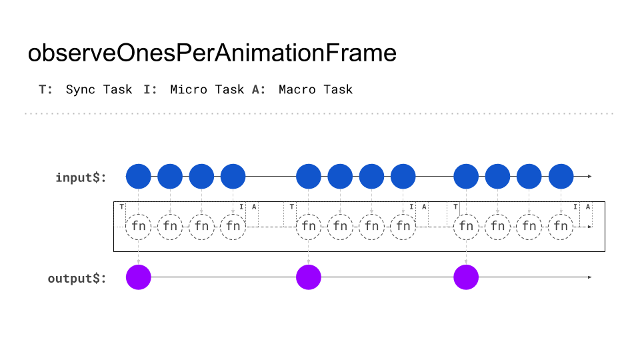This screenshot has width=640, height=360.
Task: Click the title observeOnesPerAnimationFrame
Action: point(212,53)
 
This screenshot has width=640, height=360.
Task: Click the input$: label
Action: point(81,177)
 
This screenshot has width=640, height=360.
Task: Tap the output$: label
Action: point(77,278)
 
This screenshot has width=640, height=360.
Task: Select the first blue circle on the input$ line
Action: point(139,177)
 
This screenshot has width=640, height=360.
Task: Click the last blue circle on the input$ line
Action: point(561,177)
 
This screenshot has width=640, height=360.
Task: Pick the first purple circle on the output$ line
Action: point(139,277)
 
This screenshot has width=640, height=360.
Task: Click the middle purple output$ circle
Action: point(309,277)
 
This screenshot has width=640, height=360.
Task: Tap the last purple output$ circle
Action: point(466,277)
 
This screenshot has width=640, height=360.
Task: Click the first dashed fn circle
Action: point(139,227)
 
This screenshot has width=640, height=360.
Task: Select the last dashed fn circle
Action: point(561,227)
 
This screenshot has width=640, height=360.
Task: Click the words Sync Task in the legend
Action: point(99,89)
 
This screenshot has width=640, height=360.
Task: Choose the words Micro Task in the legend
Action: point(207,89)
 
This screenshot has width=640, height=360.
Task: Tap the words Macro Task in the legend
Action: point(315,89)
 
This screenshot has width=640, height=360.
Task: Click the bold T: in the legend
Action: point(46,89)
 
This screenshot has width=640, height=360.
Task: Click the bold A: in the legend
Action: point(259,89)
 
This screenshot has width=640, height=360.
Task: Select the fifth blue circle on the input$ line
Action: point(309,177)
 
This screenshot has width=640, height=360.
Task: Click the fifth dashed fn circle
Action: point(309,227)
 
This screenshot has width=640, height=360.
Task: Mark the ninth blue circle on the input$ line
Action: point(466,177)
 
